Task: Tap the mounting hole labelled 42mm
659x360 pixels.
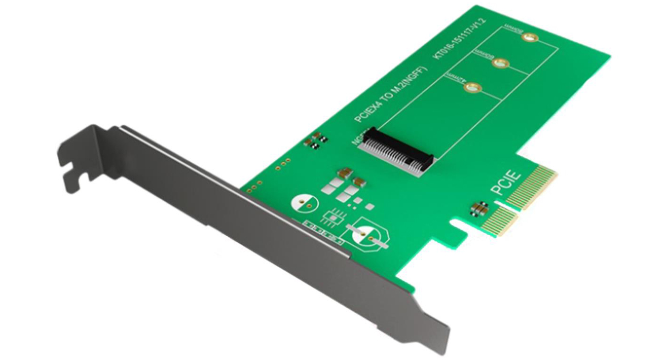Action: point(473,88)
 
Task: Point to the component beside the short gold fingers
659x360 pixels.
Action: point(480,208)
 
